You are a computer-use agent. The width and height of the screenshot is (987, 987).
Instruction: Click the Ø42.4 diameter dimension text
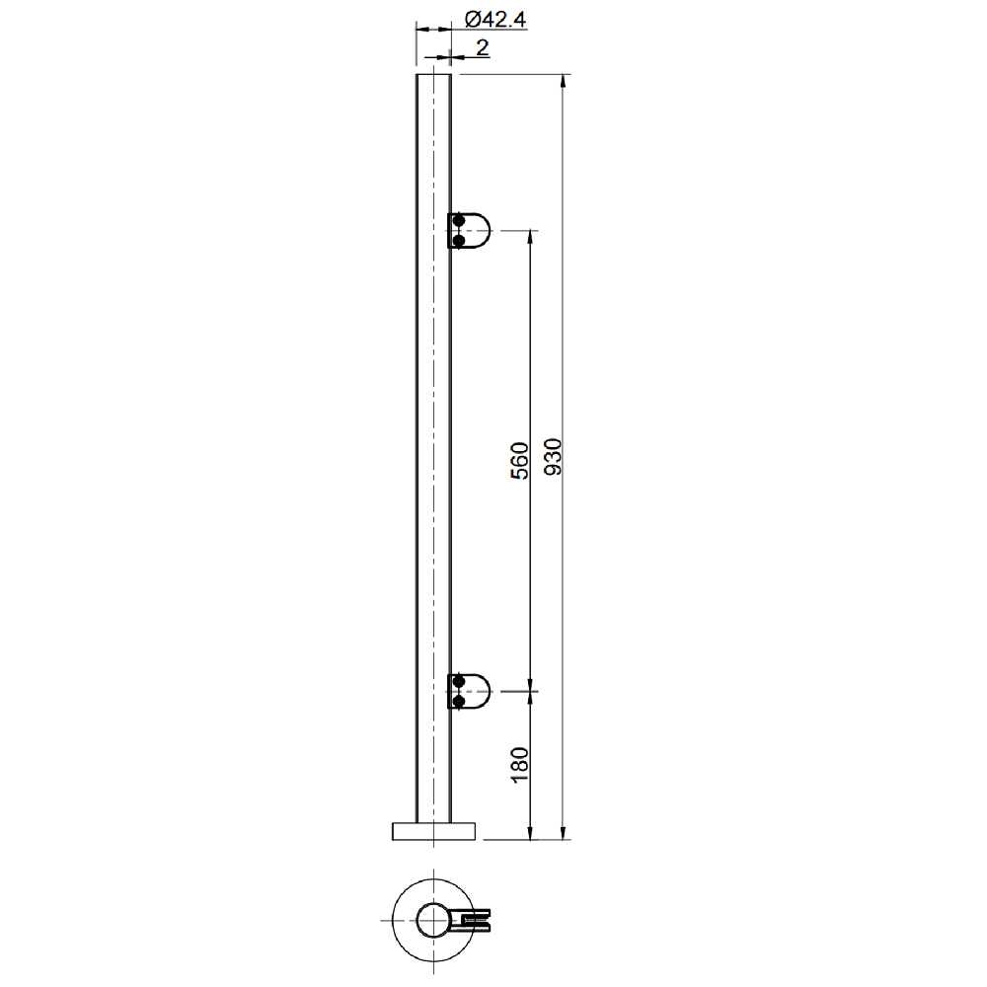495,20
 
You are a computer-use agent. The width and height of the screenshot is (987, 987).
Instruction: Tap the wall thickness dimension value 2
483,47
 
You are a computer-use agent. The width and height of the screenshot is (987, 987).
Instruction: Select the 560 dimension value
520,461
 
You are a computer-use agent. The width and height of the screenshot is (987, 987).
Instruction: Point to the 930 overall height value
552,457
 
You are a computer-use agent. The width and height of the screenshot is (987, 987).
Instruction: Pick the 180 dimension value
520,765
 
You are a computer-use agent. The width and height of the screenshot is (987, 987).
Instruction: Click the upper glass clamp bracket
469,231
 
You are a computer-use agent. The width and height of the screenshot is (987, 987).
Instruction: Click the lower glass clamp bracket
469,691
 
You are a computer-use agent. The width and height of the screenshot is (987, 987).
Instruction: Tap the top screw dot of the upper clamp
459,221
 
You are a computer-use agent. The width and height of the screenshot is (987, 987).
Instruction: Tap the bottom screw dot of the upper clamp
459,241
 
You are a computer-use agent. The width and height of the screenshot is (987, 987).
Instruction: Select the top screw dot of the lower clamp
459,682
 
